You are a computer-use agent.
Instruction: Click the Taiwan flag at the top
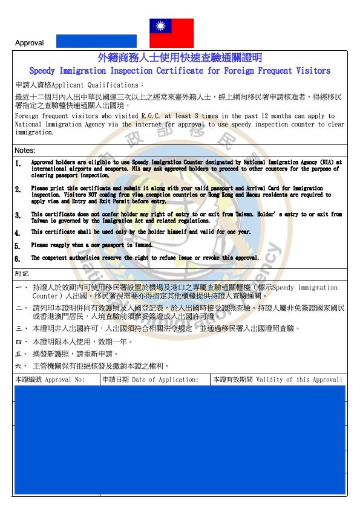[172, 33]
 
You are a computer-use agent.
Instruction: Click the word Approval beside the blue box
[29, 43]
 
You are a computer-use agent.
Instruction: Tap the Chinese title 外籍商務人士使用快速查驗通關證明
[180, 58]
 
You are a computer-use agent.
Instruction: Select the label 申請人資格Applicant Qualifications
[79, 85]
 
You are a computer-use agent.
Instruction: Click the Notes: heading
[25, 151]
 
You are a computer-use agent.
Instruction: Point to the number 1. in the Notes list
[18, 163]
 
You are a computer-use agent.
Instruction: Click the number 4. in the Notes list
[18, 232]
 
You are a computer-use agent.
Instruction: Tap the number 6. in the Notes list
[18, 258]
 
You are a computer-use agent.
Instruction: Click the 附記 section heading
[22, 274]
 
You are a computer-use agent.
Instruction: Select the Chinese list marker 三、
[21, 329]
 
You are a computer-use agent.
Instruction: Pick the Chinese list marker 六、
[21, 366]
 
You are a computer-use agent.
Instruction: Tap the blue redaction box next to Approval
[96, 41]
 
